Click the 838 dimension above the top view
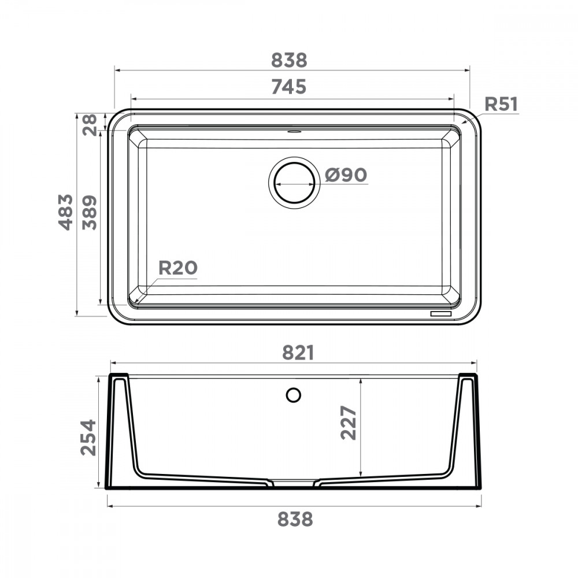click(x=289, y=60)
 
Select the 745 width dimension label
click(x=289, y=87)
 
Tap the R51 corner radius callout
click(x=501, y=104)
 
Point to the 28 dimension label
click(x=90, y=125)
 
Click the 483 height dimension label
click(x=66, y=212)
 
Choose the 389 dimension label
click(x=90, y=213)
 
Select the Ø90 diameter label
click(x=346, y=175)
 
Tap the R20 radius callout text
click(x=178, y=268)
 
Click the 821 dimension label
click(x=298, y=353)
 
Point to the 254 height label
click(x=88, y=438)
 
